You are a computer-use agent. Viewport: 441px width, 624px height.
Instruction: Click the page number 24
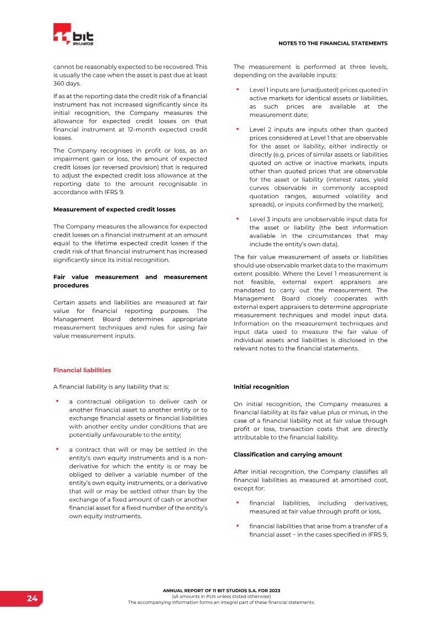33,599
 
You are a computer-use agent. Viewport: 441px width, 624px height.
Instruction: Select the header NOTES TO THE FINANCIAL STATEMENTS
332,43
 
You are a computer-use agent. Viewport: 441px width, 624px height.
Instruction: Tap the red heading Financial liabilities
82,370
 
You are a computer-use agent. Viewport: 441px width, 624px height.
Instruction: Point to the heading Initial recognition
261,387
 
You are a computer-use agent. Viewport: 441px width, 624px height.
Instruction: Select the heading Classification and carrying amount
288,455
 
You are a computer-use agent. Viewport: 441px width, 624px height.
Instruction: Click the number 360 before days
60,83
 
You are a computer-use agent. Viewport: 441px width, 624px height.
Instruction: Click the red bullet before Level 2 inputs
237,129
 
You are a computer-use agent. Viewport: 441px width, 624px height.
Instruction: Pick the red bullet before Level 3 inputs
237,218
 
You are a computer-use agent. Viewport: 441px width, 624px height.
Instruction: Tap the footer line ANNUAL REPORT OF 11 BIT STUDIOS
221,590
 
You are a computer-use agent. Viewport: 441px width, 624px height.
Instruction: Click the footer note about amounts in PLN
221,596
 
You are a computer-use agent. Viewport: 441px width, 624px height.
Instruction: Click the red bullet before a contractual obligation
57,401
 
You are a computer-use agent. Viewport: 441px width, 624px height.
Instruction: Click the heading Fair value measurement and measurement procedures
130,281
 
